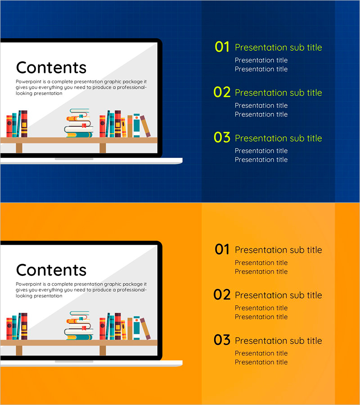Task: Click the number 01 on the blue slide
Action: [x=222, y=47]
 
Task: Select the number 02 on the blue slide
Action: [x=222, y=92]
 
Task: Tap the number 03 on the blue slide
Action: [x=222, y=137]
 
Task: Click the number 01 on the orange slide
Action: [x=222, y=249]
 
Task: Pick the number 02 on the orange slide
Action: [x=222, y=295]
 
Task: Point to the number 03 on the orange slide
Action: [x=222, y=340]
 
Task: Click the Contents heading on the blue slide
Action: [x=51, y=67]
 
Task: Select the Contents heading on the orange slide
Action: [x=51, y=270]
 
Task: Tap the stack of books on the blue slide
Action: [x=78, y=123]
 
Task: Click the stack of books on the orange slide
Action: [x=78, y=325]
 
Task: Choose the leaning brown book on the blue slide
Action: [x=145, y=126]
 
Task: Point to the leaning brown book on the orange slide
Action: [x=145, y=328]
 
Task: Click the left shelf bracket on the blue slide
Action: [x=19, y=148]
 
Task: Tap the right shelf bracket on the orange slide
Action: [x=103, y=351]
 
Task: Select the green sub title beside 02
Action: [x=279, y=93]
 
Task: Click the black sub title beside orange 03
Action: [x=279, y=341]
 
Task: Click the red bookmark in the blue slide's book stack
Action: [x=84, y=126]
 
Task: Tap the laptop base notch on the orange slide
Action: [x=74, y=362]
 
